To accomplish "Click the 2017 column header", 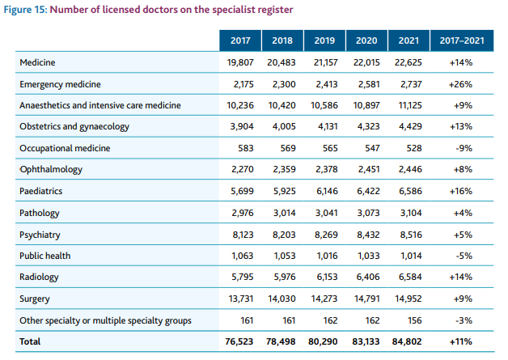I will click(240, 40).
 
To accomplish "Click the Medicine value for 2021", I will click(409, 61).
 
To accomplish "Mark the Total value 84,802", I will click(407, 341).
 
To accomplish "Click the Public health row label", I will click(44, 256).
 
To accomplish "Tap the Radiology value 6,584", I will click(410, 277).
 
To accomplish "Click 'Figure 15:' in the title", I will click(29, 10).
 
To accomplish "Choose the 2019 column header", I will click(324, 40).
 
